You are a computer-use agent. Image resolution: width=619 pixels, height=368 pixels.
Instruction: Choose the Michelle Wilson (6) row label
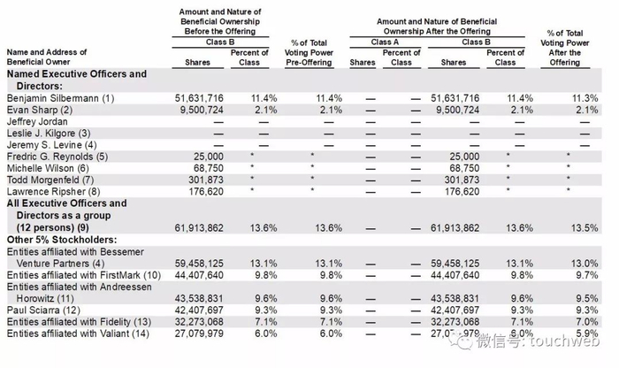point(49,167)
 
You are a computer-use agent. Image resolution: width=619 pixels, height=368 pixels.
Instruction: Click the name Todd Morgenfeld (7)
point(53,179)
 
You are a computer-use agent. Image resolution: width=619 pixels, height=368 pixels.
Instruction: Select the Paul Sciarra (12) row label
point(46,310)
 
